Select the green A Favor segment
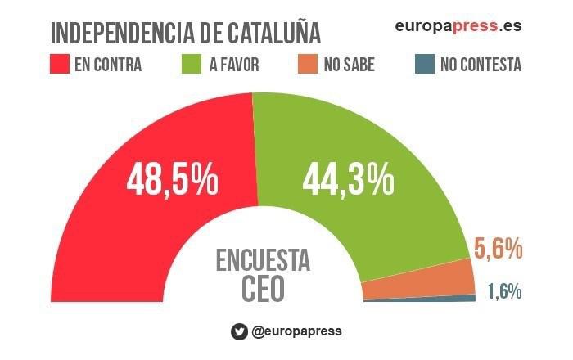(393, 221)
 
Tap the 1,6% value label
(504, 290)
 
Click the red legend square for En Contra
(59, 65)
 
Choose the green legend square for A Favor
(189, 65)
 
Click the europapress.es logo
(458, 26)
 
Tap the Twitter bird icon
(239, 331)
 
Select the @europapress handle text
(296, 331)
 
